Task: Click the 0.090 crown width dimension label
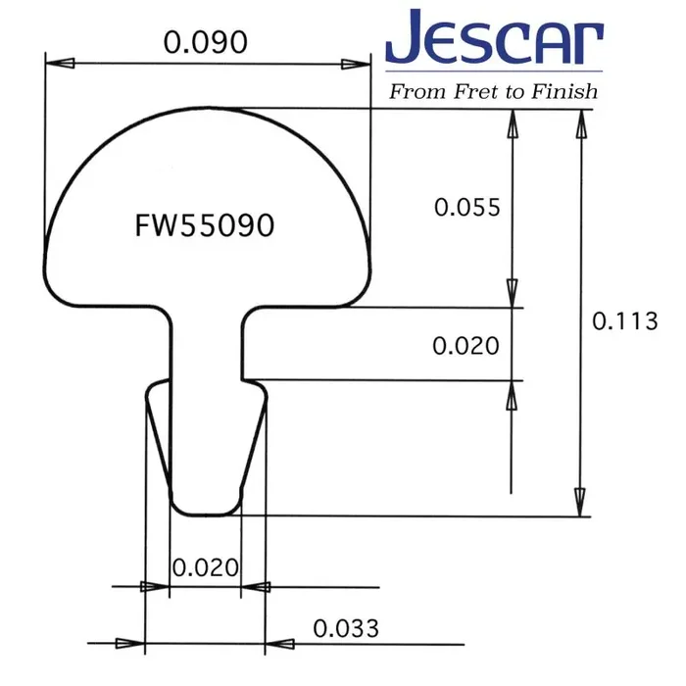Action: (204, 42)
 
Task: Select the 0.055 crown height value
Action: (467, 208)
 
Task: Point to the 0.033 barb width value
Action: (346, 628)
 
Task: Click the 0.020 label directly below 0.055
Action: (466, 345)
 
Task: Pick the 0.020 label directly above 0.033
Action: (205, 567)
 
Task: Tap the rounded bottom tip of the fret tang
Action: (205, 511)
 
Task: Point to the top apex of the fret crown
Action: (208, 107)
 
